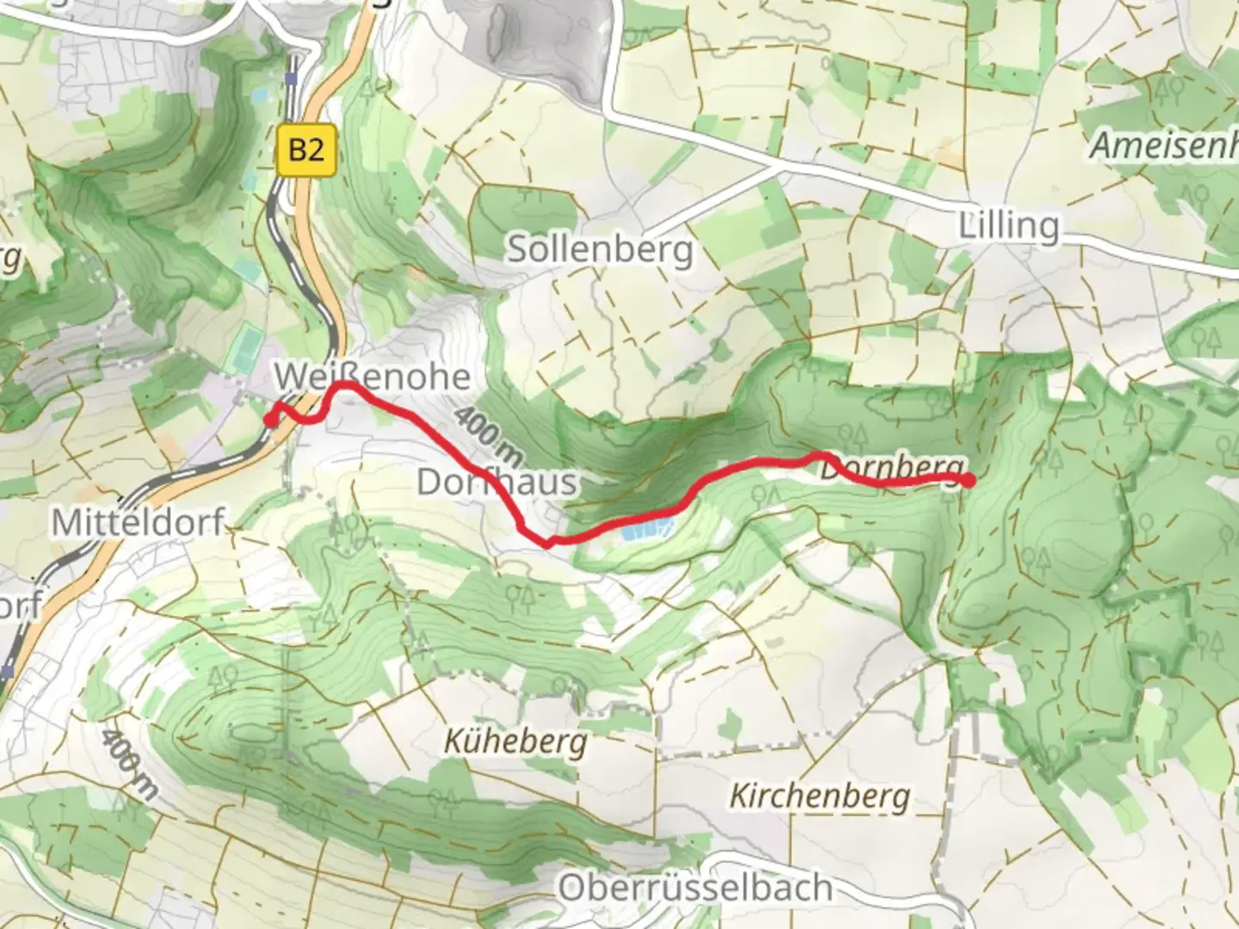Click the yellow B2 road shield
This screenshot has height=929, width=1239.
click(x=306, y=151)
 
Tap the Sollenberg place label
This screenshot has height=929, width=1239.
click(x=599, y=249)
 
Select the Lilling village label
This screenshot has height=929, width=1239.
click(x=1008, y=226)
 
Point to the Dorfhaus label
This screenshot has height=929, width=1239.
click(x=496, y=482)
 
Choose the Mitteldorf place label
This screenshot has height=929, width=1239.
click(x=138, y=522)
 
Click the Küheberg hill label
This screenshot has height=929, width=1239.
click(x=515, y=741)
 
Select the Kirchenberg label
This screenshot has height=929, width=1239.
click(x=819, y=796)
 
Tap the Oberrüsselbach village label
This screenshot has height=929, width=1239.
click(x=695, y=888)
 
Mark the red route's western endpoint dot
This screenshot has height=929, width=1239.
click(x=270, y=420)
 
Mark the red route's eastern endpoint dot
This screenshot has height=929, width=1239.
click(x=969, y=481)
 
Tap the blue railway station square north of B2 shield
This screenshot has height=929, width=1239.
click(x=292, y=79)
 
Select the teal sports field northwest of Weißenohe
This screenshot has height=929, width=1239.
click(x=248, y=344)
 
